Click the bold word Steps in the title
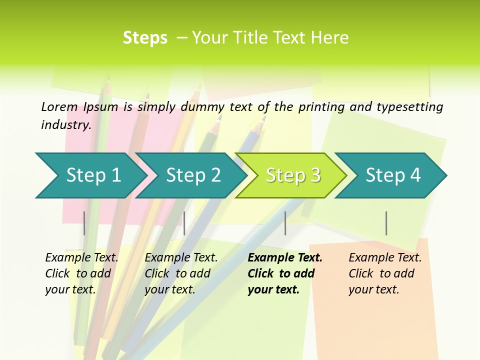[145, 38]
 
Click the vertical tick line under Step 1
[84, 223]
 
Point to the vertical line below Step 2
[184, 223]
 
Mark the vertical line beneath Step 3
[285, 223]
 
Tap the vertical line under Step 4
[386, 223]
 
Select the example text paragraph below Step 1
[81, 273]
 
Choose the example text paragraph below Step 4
[385, 273]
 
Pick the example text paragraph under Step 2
[181, 273]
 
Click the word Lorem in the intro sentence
[59, 106]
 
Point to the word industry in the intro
[65, 125]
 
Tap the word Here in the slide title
[329, 38]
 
